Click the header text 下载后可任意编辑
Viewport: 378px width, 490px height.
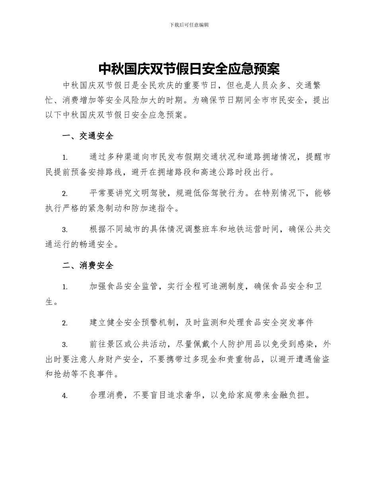tap(189, 25)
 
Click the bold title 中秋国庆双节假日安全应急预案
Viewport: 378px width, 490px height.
tap(189, 69)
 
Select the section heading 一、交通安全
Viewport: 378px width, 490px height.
tap(88, 136)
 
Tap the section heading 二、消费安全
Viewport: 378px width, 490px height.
tap(88, 265)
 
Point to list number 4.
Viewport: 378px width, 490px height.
tap(65, 396)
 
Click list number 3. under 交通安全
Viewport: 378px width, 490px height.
tap(65, 230)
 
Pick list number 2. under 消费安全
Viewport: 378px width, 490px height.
tap(65, 323)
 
